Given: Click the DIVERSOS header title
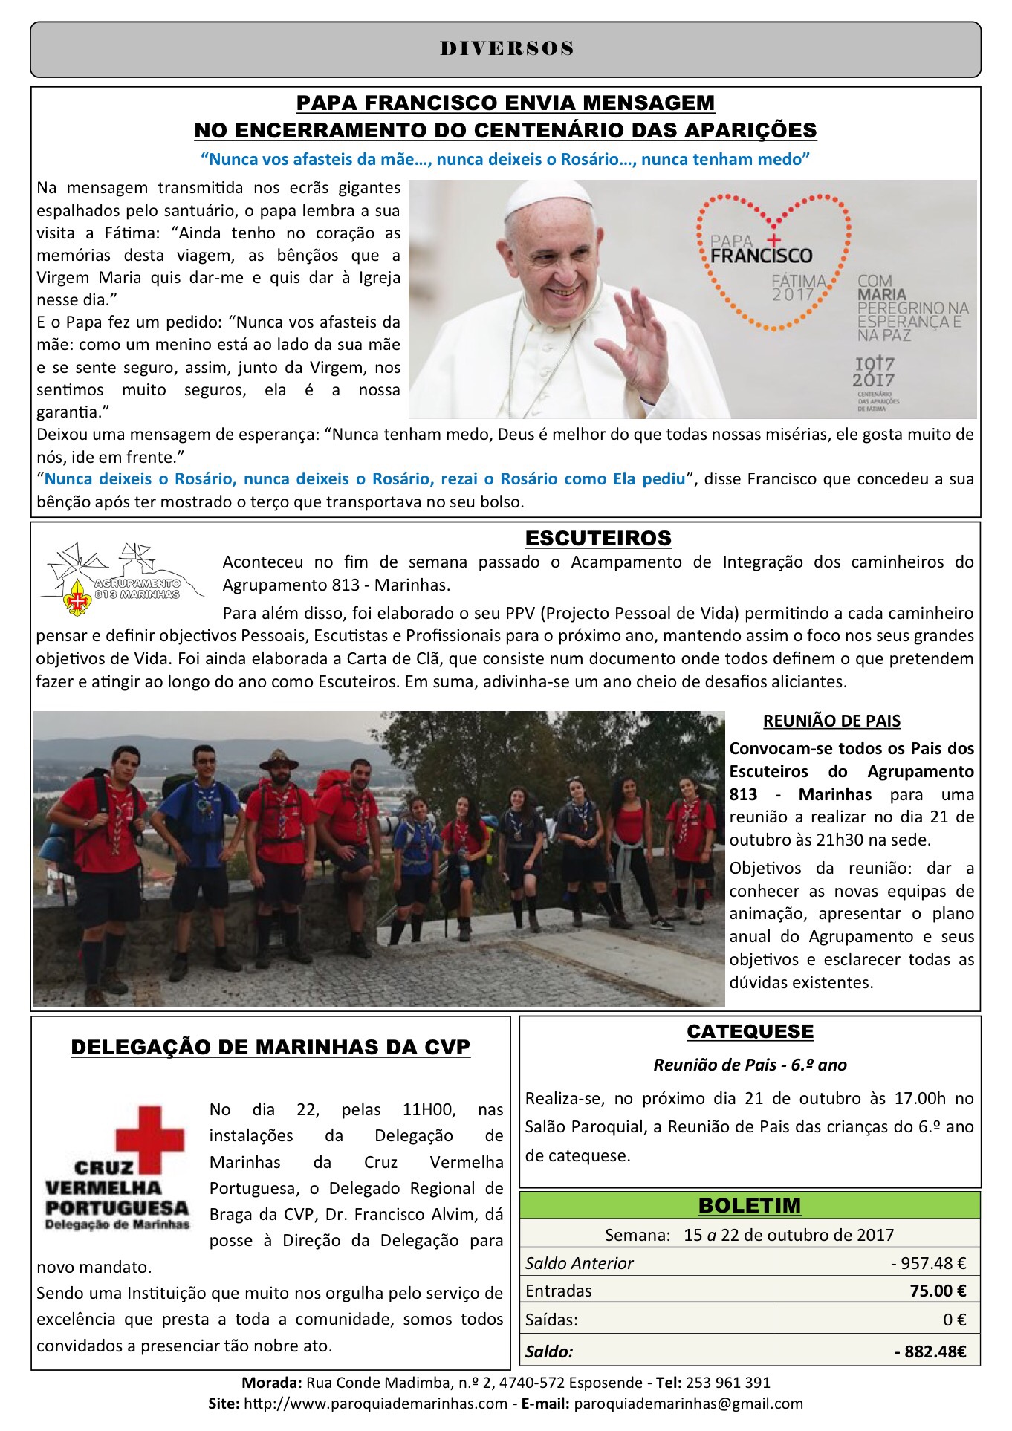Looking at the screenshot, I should pos(506,49).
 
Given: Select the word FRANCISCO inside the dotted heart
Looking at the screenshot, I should pos(761,256).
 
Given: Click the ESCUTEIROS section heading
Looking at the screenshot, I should pos(598,538).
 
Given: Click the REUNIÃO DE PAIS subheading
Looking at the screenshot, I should pos(831,721).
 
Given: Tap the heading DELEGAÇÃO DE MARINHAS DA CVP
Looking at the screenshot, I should pos(270,1047).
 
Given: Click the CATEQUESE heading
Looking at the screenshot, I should pos(750,1031).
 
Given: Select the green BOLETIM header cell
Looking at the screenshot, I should pos(750,1205).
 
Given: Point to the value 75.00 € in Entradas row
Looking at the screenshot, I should pos(938,1291).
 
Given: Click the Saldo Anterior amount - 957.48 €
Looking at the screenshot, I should pos(928,1263).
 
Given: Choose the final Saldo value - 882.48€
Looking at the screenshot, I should pos(930,1351).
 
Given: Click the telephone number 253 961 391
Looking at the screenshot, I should pos(727,1383).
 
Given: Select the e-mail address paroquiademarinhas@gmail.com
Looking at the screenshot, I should pos(688,1404).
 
